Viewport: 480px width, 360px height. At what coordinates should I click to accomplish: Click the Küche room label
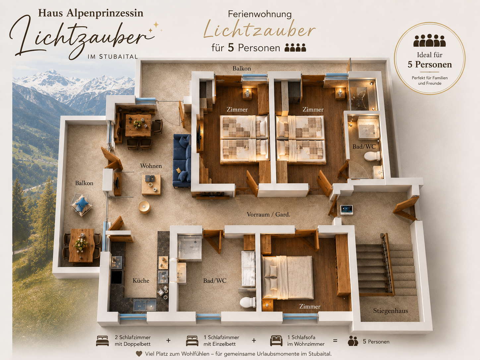141,280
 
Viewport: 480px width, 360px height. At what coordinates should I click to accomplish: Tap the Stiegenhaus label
390,311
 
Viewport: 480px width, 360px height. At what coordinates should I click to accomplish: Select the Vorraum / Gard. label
268,214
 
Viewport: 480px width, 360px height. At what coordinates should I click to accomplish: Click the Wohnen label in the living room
151,166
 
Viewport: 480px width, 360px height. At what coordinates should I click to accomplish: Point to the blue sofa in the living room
182,161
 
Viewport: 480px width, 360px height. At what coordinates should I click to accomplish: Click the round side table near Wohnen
144,207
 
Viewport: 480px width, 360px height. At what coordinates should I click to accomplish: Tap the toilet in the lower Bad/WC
248,302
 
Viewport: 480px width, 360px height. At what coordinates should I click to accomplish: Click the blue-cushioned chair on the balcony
81,205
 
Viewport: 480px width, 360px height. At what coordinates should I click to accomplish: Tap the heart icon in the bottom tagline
139,354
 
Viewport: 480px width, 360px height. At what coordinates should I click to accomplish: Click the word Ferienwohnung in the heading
260,14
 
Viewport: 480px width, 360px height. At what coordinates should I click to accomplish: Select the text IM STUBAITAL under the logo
112,57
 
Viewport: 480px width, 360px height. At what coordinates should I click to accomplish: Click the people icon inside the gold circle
429,40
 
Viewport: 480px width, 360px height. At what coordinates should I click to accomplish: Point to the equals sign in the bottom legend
335,341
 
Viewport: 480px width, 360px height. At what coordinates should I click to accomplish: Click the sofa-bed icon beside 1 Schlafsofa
276,340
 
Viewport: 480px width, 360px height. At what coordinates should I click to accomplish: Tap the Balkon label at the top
242,68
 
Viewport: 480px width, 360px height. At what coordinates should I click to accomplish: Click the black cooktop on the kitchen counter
117,277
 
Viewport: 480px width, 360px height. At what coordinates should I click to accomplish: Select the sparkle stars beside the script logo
155,27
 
